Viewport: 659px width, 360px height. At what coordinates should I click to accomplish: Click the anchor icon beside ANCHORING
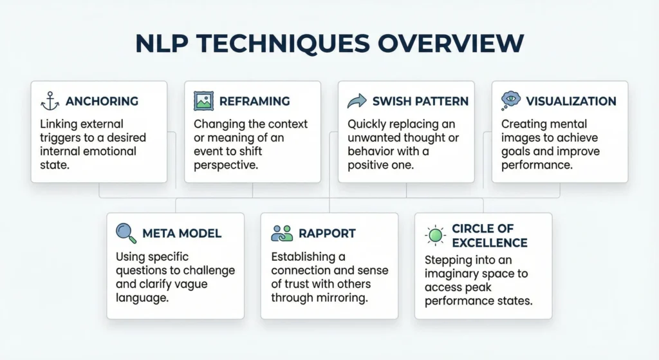[49, 101]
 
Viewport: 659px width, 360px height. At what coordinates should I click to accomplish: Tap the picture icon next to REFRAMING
[203, 101]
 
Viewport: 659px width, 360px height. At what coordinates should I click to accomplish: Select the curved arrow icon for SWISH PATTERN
[357, 101]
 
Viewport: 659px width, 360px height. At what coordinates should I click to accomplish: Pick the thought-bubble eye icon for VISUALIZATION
[510, 101]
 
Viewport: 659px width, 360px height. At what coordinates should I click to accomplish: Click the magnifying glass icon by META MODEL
[125, 233]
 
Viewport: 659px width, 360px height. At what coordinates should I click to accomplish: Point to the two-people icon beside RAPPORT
[282, 233]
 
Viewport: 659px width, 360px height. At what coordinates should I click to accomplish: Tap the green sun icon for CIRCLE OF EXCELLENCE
[436, 235]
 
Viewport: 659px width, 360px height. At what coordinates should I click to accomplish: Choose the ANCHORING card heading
[102, 102]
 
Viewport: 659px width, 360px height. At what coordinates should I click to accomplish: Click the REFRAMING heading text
[254, 102]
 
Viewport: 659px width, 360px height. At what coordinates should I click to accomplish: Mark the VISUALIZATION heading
[571, 102]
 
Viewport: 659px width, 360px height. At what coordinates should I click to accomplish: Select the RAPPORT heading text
[327, 233]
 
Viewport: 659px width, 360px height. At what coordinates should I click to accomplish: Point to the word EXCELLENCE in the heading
[490, 243]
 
